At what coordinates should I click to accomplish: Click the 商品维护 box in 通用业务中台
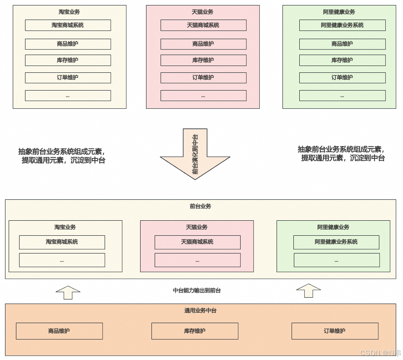click(59, 331)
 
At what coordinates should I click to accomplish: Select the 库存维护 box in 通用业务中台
click(195, 331)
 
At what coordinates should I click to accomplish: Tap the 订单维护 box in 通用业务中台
click(335, 331)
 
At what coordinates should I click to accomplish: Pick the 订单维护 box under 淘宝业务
click(68, 78)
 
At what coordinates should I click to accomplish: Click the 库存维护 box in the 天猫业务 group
click(203, 60)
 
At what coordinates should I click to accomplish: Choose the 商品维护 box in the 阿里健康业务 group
click(342, 44)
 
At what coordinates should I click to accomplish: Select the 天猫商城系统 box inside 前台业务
click(197, 242)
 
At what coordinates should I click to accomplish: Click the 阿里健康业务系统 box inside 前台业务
click(336, 242)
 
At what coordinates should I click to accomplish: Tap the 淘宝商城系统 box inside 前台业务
click(62, 242)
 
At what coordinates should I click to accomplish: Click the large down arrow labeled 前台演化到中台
click(195, 155)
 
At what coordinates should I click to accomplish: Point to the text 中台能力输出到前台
click(197, 290)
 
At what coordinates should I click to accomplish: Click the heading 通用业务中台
click(200, 310)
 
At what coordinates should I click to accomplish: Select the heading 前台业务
click(200, 206)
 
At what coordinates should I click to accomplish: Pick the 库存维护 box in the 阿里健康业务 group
click(342, 60)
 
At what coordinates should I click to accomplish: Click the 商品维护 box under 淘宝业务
click(68, 44)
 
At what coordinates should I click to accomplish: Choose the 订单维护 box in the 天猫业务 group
click(203, 78)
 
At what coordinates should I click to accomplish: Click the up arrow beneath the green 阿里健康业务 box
click(308, 291)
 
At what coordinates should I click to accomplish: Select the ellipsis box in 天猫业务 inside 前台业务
click(197, 260)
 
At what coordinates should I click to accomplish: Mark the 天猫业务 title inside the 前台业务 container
click(196, 227)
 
